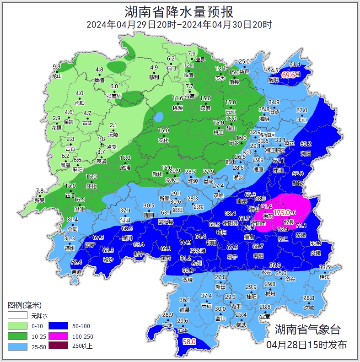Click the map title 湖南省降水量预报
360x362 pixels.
click(x=180, y=11)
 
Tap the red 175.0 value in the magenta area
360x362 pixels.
click(x=282, y=212)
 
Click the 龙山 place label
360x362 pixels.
click(x=57, y=76)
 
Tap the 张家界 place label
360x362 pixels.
click(x=114, y=96)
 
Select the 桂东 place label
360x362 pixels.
click(x=324, y=276)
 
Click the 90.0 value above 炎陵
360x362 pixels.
click(x=316, y=243)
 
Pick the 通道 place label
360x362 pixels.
click(x=77, y=272)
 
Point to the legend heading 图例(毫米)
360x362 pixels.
click(x=25, y=305)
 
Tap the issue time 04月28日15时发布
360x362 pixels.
click(x=306, y=345)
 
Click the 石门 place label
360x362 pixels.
click(x=171, y=68)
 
